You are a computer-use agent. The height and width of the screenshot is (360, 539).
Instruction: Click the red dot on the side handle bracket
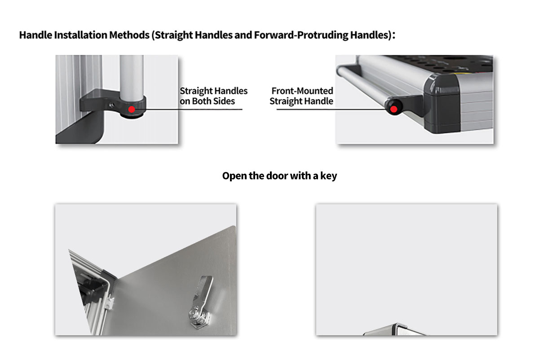coord(132,110)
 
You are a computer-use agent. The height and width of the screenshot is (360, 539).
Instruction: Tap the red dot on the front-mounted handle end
coord(393,109)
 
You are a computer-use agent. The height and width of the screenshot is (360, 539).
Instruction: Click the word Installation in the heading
coord(80,35)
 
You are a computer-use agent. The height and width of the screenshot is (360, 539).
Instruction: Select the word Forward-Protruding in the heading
coord(301,35)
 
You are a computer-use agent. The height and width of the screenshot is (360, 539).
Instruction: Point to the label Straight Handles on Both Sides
coord(213,96)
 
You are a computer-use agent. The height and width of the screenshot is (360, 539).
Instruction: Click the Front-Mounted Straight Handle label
coord(301,96)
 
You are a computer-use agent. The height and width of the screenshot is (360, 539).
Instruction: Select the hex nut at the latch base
coord(200,319)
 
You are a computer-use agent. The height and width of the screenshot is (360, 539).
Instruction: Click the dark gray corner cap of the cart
coord(442,103)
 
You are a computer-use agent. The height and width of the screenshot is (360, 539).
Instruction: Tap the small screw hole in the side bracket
coord(112,105)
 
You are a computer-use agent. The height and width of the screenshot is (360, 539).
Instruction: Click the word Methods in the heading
coord(129,35)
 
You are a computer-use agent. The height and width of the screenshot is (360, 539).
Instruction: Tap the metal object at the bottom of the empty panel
coord(395,329)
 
